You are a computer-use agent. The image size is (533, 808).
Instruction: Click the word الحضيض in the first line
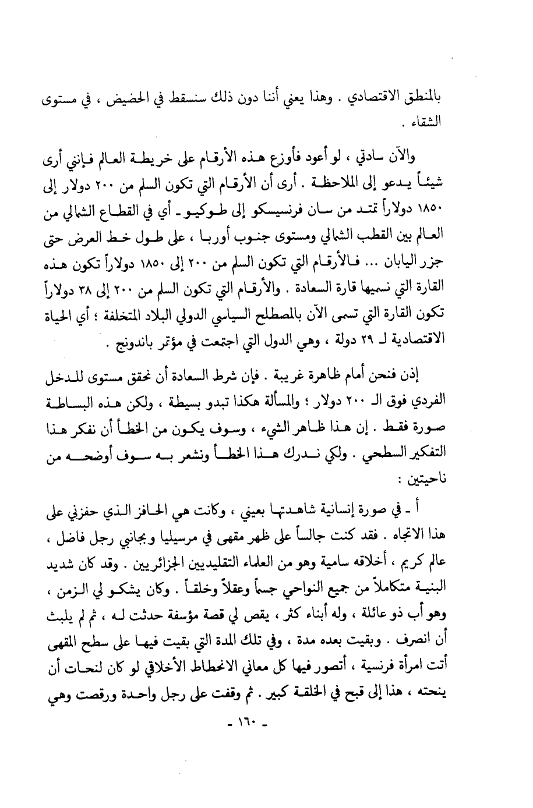point(151,99)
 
